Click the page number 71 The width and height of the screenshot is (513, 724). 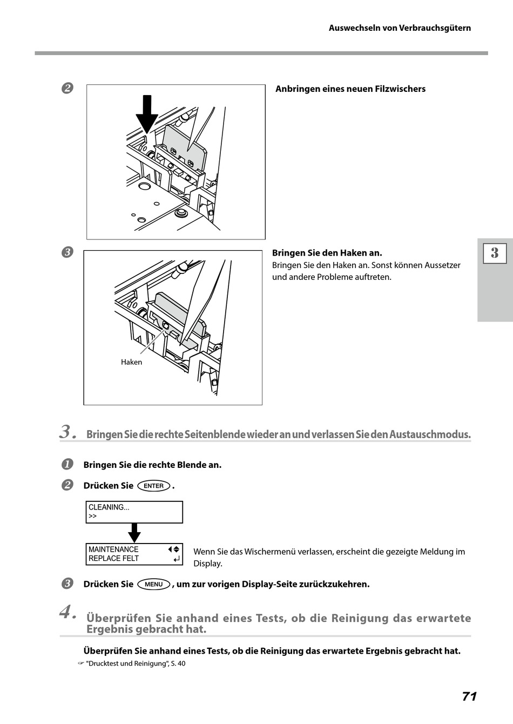pyautogui.click(x=469, y=696)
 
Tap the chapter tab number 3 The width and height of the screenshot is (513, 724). pyautogui.click(x=495, y=253)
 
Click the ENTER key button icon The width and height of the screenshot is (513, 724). pyautogui.click(x=154, y=486)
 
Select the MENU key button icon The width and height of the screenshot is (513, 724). pyautogui.click(x=154, y=584)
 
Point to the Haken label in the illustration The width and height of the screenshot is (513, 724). pyautogui.click(x=131, y=362)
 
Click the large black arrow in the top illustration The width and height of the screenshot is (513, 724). pyautogui.click(x=147, y=113)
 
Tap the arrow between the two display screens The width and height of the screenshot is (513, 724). pyautogui.click(x=134, y=533)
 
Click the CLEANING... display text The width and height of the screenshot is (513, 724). pyautogui.click(x=109, y=507)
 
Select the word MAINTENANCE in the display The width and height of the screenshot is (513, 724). pyautogui.click(x=113, y=549)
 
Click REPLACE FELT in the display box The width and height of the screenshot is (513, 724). pyautogui.click(x=113, y=559)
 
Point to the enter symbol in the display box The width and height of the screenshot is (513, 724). pyautogui.click(x=176, y=560)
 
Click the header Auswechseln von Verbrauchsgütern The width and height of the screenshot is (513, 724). pyautogui.click(x=400, y=28)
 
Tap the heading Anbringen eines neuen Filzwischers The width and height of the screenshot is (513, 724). pyautogui.click(x=350, y=89)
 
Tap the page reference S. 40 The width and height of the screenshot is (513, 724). pyautogui.click(x=178, y=663)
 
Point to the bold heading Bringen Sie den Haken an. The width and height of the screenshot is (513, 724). pyautogui.click(x=327, y=253)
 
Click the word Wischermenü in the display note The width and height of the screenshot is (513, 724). pyautogui.click(x=268, y=552)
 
